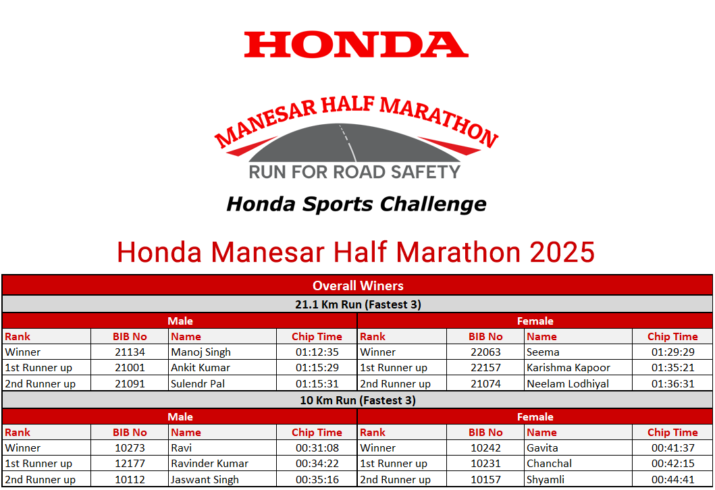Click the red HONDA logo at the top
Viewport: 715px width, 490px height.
(356, 45)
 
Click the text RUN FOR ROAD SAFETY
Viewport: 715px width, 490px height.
(354, 172)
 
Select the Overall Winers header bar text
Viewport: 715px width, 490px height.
(358, 285)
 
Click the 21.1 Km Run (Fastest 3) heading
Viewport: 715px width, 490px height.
(358, 304)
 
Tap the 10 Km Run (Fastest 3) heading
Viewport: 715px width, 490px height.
(358, 400)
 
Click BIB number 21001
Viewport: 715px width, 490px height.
(130, 367)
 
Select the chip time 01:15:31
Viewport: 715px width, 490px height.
(317, 384)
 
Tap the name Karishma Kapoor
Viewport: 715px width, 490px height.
(568, 367)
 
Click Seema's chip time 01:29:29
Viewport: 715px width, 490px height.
(672, 352)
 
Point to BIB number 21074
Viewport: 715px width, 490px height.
(485, 384)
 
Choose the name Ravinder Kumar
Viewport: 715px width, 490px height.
(209, 463)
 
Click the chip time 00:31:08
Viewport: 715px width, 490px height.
(317, 447)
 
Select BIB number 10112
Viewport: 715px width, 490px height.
(130, 479)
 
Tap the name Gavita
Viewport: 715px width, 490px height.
(542, 447)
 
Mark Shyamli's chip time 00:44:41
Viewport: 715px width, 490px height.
(672, 479)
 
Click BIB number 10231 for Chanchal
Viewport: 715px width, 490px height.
(485, 463)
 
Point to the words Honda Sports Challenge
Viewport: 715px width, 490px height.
(356, 204)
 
